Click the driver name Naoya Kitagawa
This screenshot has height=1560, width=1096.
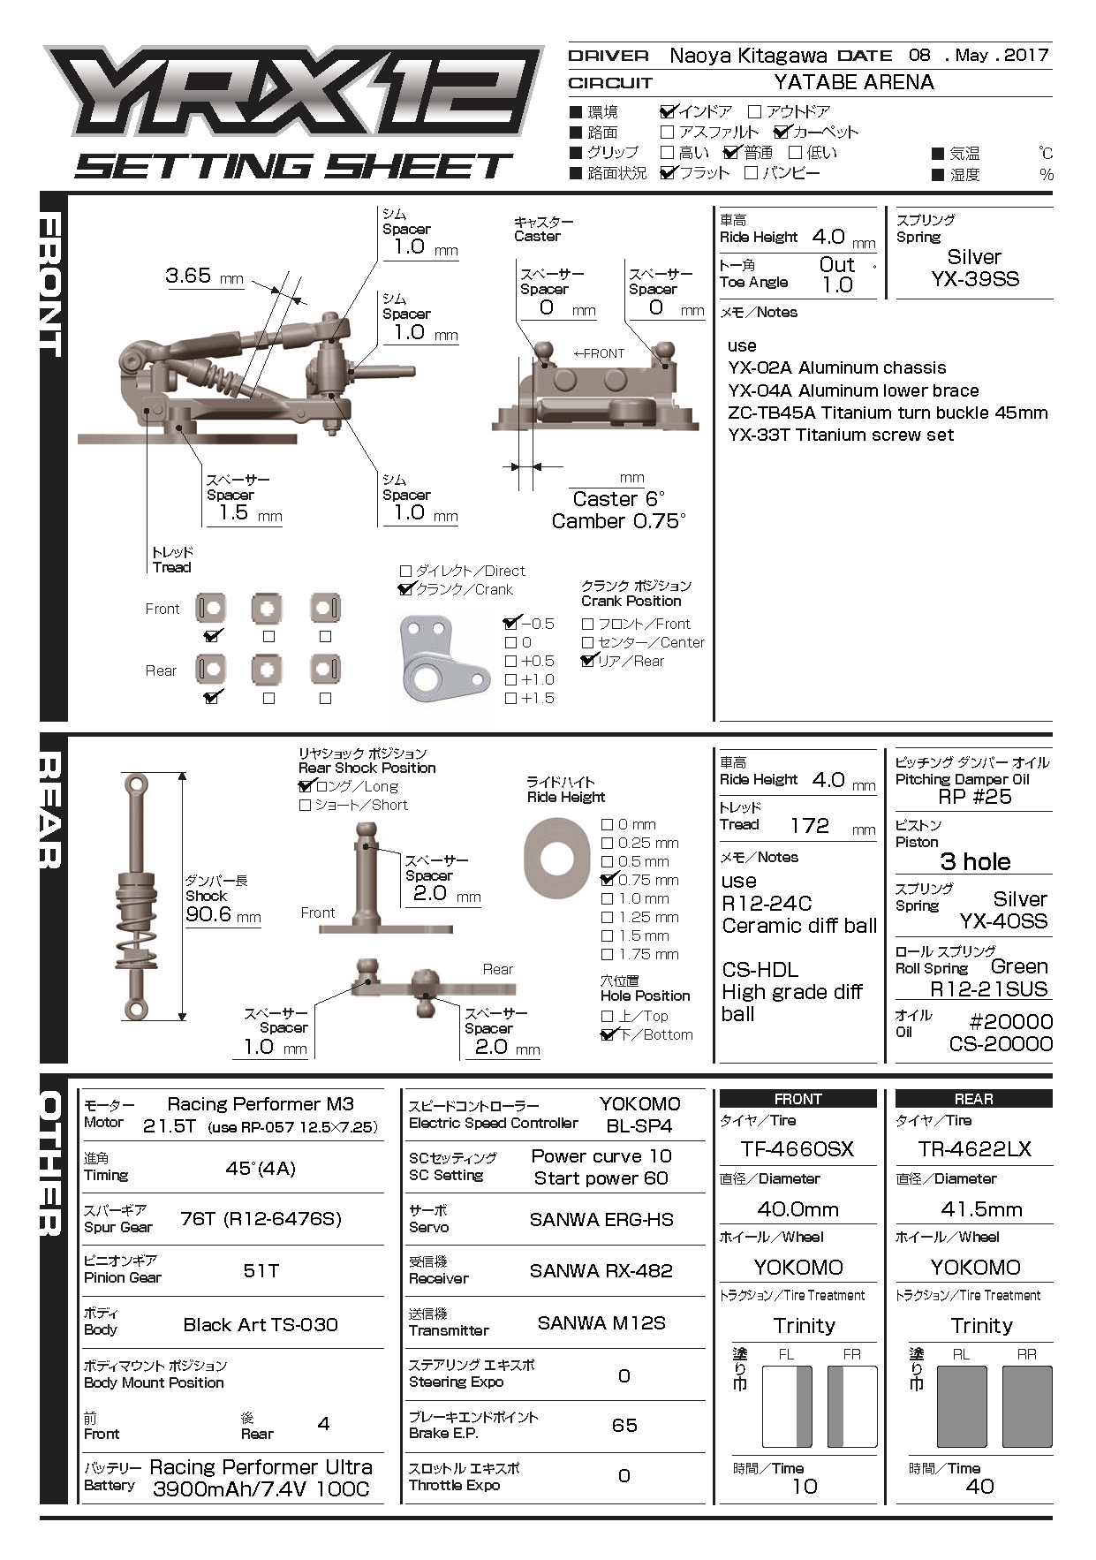pyautogui.click(x=747, y=56)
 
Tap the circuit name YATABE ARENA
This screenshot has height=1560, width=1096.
pyautogui.click(x=853, y=82)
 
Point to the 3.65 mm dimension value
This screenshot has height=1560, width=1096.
pyautogui.click(x=188, y=276)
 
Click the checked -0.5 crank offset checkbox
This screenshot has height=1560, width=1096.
pyautogui.click(x=510, y=624)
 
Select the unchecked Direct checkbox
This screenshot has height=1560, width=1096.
pyautogui.click(x=406, y=572)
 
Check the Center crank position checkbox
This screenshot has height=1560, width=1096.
pyautogui.click(x=587, y=643)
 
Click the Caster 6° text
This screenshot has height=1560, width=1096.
pyautogui.click(x=618, y=499)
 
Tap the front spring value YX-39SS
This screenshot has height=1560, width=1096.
pyautogui.click(x=974, y=279)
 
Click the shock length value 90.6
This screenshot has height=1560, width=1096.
pyautogui.click(x=208, y=914)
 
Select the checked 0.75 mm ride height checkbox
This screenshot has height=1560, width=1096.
pyautogui.click(x=607, y=880)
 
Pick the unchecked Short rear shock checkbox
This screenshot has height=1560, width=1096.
pyautogui.click(x=306, y=806)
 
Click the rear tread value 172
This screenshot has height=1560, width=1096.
pyautogui.click(x=809, y=826)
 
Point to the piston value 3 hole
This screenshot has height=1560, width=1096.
pyautogui.click(x=975, y=862)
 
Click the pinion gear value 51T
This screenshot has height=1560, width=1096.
pyautogui.click(x=261, y=1270)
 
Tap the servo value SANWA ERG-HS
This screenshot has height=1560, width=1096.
pyautogui.click(x=601, y=1220)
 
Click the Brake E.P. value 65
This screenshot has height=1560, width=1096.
pyautogui.click(x=624, y=1425)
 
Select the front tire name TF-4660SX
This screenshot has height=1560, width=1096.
pyautogui.click(x=797, y=1149)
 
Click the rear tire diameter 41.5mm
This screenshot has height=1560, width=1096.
pyautogui.click(x=981, y=1209)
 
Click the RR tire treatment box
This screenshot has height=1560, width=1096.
pyautogui.click(x=1027, y=1405)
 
